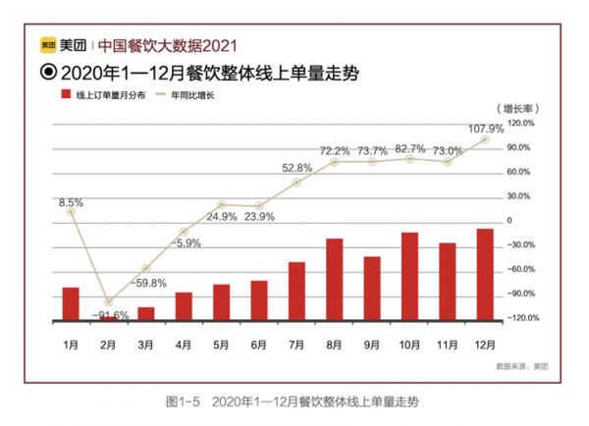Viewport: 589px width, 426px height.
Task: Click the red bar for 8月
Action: [334, 280]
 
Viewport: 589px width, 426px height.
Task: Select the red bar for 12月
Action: [485, 275]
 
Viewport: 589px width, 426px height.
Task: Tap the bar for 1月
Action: [70, 304]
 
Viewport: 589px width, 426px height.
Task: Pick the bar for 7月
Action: [296, 292]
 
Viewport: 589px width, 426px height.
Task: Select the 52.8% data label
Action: [296, 168]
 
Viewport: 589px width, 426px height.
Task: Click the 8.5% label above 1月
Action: [70, 202]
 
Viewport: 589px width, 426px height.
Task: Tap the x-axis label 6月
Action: [259, 345]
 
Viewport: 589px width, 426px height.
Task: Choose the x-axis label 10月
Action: [410, 345]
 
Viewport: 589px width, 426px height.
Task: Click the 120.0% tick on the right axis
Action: [519, 124]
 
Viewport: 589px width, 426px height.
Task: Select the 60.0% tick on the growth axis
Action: [518, 172]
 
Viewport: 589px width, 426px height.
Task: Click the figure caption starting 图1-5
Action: [293, 401]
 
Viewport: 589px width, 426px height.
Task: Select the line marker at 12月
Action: [485, 139]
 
